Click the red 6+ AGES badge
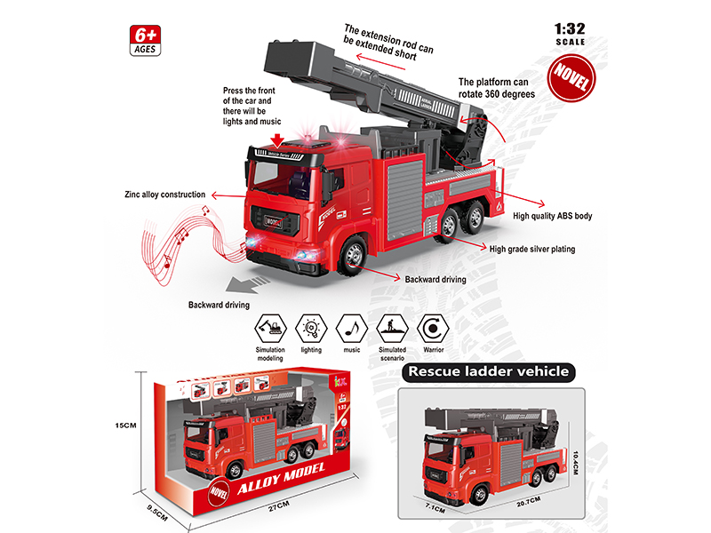144,39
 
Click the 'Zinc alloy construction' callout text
165,194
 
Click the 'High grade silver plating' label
533,250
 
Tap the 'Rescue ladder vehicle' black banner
485,371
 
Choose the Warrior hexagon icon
432,326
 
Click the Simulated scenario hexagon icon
392,326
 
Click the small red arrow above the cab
280,139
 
